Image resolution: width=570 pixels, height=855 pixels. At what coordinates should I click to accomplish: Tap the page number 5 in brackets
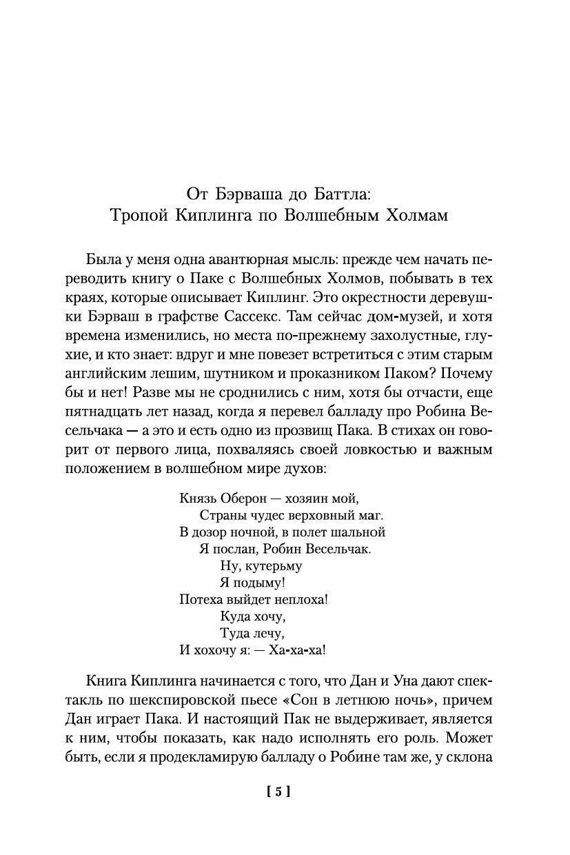pos(278,792)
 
